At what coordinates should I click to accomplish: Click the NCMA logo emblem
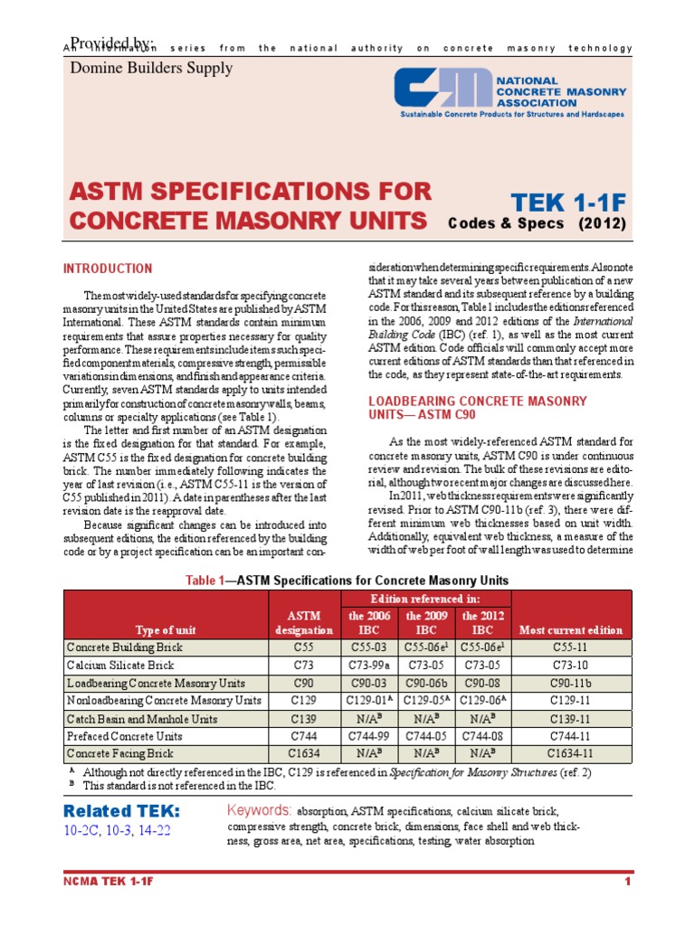441,91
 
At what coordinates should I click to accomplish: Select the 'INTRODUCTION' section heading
107,269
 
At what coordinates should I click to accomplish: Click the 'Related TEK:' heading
122,809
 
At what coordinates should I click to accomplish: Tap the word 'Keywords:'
259,809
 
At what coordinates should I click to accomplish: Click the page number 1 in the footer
626,881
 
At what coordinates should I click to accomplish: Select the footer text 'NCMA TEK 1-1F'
109,881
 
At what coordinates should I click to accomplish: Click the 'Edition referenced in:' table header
425,599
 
